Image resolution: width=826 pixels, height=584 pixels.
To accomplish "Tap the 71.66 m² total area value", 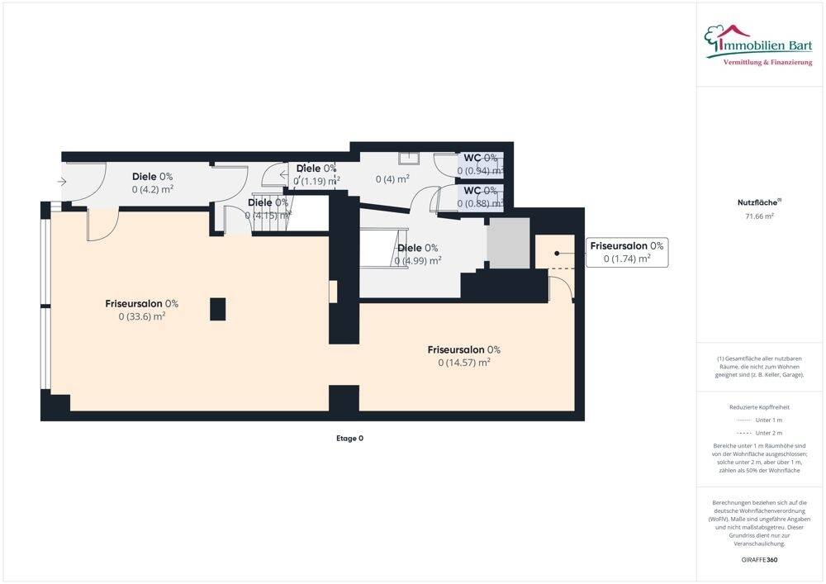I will pos(760,216).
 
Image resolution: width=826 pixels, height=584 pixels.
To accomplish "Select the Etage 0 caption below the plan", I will pos(349,439).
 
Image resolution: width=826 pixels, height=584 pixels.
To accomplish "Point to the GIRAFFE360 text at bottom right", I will pos(760,559).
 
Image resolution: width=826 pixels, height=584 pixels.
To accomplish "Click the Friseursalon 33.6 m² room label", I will pos(141,309).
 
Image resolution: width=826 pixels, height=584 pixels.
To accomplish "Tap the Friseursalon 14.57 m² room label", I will pos(463,355).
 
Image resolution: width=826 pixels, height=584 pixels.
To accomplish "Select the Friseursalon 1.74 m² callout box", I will pos(626,252).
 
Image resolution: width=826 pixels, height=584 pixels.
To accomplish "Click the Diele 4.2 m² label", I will pos(152,182).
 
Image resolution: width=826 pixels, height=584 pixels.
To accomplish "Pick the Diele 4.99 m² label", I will pos(417,254).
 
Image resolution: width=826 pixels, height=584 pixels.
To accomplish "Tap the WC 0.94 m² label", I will pos(482,164).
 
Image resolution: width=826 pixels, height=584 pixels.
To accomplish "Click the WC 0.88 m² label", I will pos(482,197).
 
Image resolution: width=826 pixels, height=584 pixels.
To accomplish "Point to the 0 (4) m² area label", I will pos(392,178).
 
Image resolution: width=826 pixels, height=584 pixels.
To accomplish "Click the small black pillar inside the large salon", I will pos(217,309).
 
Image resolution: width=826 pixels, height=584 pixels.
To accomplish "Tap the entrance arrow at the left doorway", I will pos(62,182).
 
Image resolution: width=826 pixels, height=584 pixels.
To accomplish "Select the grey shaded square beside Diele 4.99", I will pos(507,244).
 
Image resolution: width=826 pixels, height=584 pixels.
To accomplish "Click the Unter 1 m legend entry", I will pos(759,420).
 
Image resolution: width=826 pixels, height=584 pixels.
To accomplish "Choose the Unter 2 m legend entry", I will pos(759,433).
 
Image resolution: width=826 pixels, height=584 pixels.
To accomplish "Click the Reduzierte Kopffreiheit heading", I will pos(759,407).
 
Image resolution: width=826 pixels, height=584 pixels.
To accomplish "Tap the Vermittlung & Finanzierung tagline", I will pos(767,63).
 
